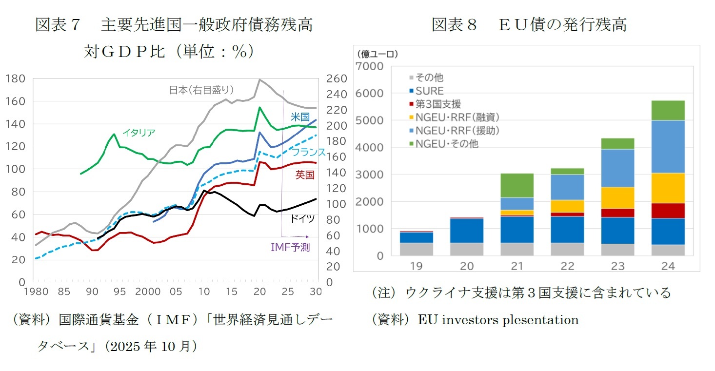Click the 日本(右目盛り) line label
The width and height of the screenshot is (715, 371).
tap(201, 90)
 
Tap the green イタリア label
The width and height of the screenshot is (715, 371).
tap(138, 133)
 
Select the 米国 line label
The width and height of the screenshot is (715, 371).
tap(300, 117)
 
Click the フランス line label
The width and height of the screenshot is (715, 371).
tap(308, 152)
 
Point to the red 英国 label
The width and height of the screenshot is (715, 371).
tap(305, 175)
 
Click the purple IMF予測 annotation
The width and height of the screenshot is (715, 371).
tap(290, 248)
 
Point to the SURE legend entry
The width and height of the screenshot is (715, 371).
tap(429, 91)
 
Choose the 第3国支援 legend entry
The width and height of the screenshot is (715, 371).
tap(437, 104)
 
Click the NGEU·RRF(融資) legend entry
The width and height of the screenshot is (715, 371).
tap(457, 117)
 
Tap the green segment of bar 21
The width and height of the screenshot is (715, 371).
tap(516, 185)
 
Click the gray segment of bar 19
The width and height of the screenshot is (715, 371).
tap(417, 249)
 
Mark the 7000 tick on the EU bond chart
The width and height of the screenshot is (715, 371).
tap(370, 66)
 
